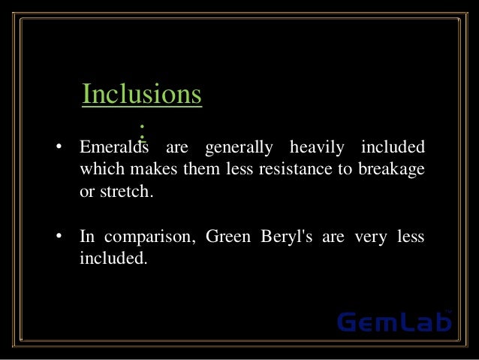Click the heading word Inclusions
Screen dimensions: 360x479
(x=142, y=95)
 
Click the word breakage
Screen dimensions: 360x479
(x=392, y=168)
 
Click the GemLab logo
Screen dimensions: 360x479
(x=394, y=322)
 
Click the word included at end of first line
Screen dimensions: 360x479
(x=393, y=146)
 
